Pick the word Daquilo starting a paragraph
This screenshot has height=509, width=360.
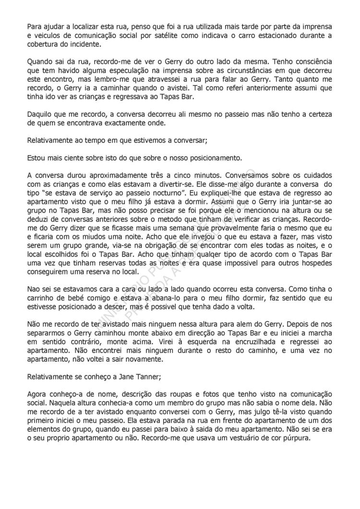pyautogui.click(x=42, y=116)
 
